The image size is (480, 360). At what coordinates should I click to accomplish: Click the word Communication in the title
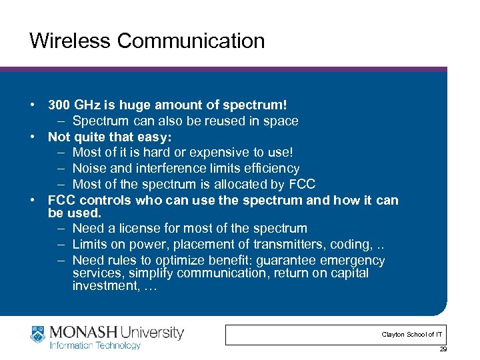(191, 41)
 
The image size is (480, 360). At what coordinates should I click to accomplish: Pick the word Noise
(89, 169)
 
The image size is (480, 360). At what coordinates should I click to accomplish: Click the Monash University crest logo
(38, 334)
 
